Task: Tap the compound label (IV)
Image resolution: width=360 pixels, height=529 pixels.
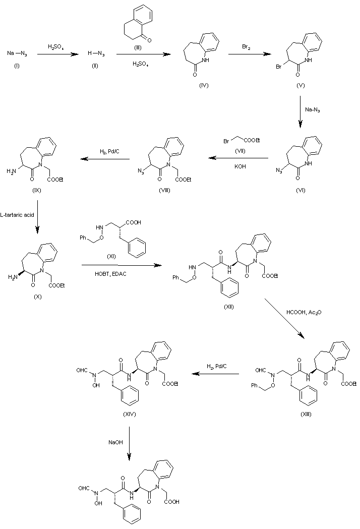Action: (204, 85)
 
